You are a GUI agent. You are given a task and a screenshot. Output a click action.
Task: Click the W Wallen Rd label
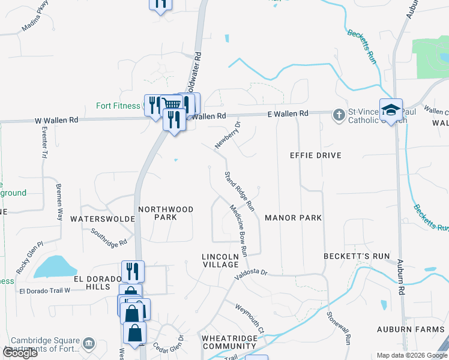pos(56,120)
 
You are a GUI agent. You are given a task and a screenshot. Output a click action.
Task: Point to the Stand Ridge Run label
pos(240,191)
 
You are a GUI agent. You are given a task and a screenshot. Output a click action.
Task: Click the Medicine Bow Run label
pos(239,230)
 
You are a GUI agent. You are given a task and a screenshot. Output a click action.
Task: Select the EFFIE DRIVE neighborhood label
pos(315,155)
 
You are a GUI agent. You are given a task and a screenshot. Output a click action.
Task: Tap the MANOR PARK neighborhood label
pos(294,218)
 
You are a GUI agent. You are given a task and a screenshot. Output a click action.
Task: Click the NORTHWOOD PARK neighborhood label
pos(166,213)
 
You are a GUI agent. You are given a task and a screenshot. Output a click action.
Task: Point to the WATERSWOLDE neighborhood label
pos(102,219)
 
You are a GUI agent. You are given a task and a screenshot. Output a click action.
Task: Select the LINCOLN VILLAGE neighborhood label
pos(220,260)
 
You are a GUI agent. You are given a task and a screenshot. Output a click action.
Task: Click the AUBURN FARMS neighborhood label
pos(411,329)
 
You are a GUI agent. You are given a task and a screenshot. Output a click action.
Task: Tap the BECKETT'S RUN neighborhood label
pos(357,256)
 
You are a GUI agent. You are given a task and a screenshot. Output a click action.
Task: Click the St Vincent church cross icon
pos(339,114)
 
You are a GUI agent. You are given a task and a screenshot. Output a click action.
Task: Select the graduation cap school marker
pos(390,109)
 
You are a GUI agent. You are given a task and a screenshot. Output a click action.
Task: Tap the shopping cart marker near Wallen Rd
pos(172,104)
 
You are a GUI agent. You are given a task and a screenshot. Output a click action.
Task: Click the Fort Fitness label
pos(118,106)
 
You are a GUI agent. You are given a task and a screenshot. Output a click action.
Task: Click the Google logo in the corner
pos(20,353)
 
